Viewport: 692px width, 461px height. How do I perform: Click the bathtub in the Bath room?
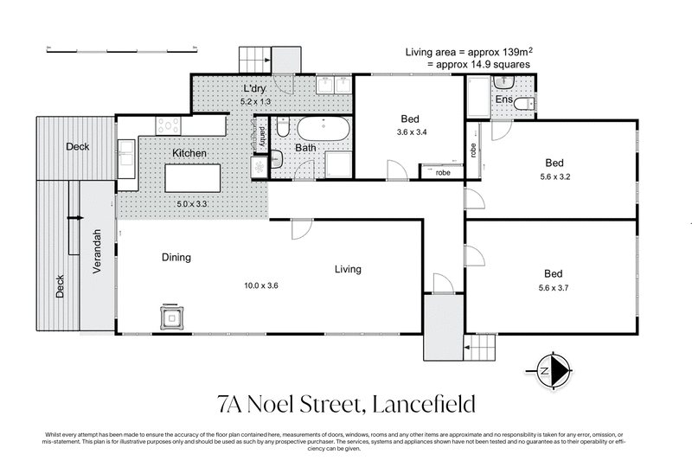[x=323, y=131]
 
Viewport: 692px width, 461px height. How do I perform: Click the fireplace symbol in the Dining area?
[x=173, y=318]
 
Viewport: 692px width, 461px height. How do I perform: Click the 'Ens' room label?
[x=503, y=100]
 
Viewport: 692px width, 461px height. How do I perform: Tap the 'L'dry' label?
[x=254, y=89]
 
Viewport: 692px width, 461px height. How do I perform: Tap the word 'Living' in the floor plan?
[x=348, y=269]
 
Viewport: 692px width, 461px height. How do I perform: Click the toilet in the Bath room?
[x=283, y=129]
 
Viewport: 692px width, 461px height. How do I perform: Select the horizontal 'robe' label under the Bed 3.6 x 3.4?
[x=442, y=171]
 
